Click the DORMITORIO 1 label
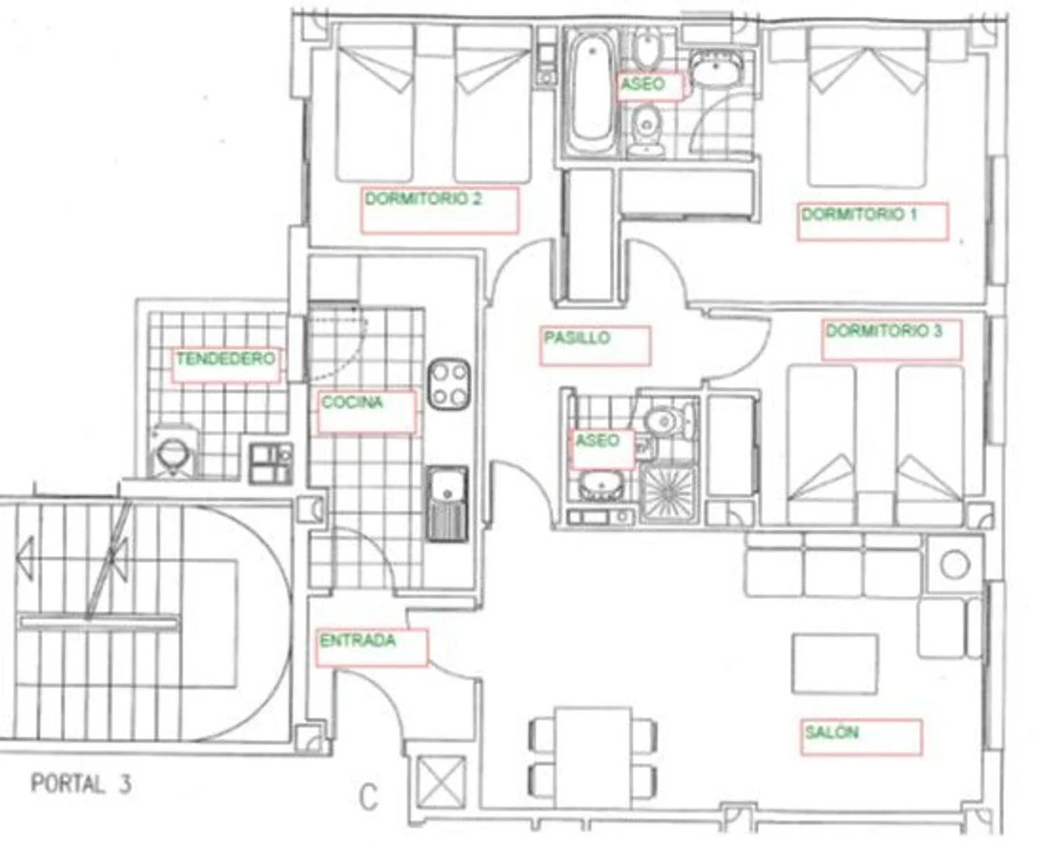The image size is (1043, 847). (859, 215)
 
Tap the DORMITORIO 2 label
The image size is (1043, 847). (423, 199)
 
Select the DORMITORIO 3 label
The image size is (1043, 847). (884, 331)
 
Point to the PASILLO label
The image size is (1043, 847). (577, 338)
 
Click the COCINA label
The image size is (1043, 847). (352, 402)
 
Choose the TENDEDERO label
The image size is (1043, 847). (225, 360)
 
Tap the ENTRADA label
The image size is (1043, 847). (357, 641)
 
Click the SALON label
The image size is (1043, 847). (832, 732)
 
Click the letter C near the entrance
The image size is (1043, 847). (368, 798)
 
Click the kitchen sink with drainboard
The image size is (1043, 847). (448, 503)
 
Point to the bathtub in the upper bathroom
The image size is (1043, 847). (592, 93)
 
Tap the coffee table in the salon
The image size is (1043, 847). (835, 663)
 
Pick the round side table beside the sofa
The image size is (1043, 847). (955, 564)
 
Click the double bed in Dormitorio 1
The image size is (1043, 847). (868, 108)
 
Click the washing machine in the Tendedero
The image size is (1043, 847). (174, 453)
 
